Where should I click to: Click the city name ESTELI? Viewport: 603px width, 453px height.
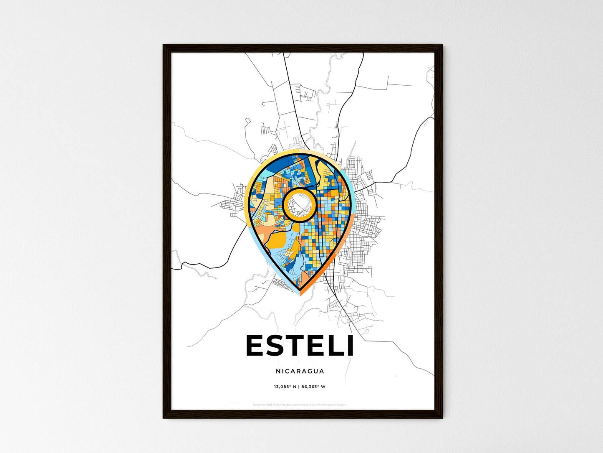(x=300, y=346)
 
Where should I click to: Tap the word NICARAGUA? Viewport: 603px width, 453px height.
(x=300, y=371)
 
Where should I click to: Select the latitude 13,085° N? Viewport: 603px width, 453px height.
(x=285, y=387)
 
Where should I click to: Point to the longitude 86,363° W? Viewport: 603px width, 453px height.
(x=313, y=387)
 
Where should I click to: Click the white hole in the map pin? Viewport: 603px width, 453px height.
(x=299, y=204)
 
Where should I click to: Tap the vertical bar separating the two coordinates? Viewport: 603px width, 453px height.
(x=299, y=387)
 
